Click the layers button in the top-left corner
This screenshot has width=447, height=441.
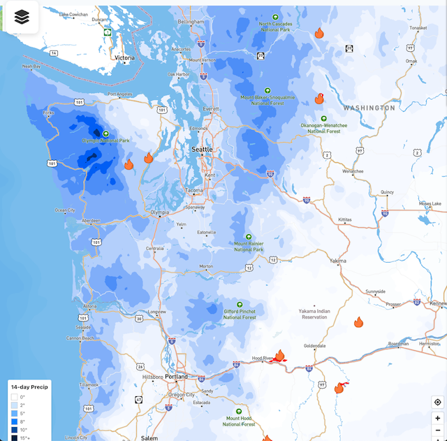22,17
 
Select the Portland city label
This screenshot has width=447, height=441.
176,377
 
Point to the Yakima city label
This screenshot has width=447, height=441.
338,260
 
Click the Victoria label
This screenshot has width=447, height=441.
124,58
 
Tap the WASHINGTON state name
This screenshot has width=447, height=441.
369,108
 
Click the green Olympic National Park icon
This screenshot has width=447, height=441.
105,133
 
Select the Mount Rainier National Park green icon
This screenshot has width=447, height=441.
248,237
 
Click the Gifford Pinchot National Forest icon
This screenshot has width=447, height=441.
240,305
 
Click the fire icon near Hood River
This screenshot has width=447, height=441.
279,356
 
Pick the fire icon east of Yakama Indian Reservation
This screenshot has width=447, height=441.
358,322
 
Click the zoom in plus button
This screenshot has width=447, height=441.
437,418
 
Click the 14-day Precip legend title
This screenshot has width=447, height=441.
29,387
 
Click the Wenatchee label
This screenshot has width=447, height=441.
353,171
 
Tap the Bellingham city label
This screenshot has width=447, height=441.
191,22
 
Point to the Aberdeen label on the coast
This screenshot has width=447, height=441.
91,220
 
